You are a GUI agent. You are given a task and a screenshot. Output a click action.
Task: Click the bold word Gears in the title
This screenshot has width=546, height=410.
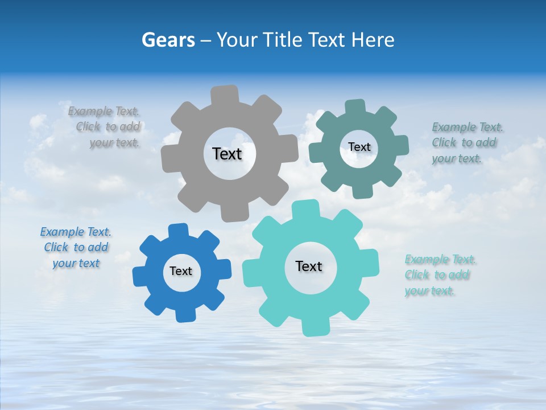168,40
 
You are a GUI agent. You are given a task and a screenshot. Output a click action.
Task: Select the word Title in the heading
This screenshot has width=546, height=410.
282,40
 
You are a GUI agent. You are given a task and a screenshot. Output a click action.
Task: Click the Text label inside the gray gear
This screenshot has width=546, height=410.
227,154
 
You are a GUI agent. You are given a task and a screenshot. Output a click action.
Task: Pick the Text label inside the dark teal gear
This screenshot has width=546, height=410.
359,147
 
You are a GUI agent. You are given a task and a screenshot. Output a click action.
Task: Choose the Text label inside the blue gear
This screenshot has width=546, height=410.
181,271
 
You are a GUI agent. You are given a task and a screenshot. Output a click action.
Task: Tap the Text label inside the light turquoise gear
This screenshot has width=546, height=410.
309,266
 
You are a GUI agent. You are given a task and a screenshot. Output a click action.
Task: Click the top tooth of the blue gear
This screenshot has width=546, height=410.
179,231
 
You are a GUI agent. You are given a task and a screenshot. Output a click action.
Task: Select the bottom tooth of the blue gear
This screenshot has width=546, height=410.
185,314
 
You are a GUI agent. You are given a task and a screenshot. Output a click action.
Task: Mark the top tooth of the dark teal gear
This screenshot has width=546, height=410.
354,107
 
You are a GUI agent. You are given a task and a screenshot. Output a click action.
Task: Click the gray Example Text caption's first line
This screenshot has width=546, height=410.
104,111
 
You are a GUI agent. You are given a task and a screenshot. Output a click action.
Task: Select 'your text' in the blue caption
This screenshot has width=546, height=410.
76,263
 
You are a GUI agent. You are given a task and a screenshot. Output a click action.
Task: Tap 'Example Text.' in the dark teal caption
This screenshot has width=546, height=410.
468,127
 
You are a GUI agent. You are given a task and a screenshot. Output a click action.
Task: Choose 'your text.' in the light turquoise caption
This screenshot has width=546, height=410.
430,291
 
